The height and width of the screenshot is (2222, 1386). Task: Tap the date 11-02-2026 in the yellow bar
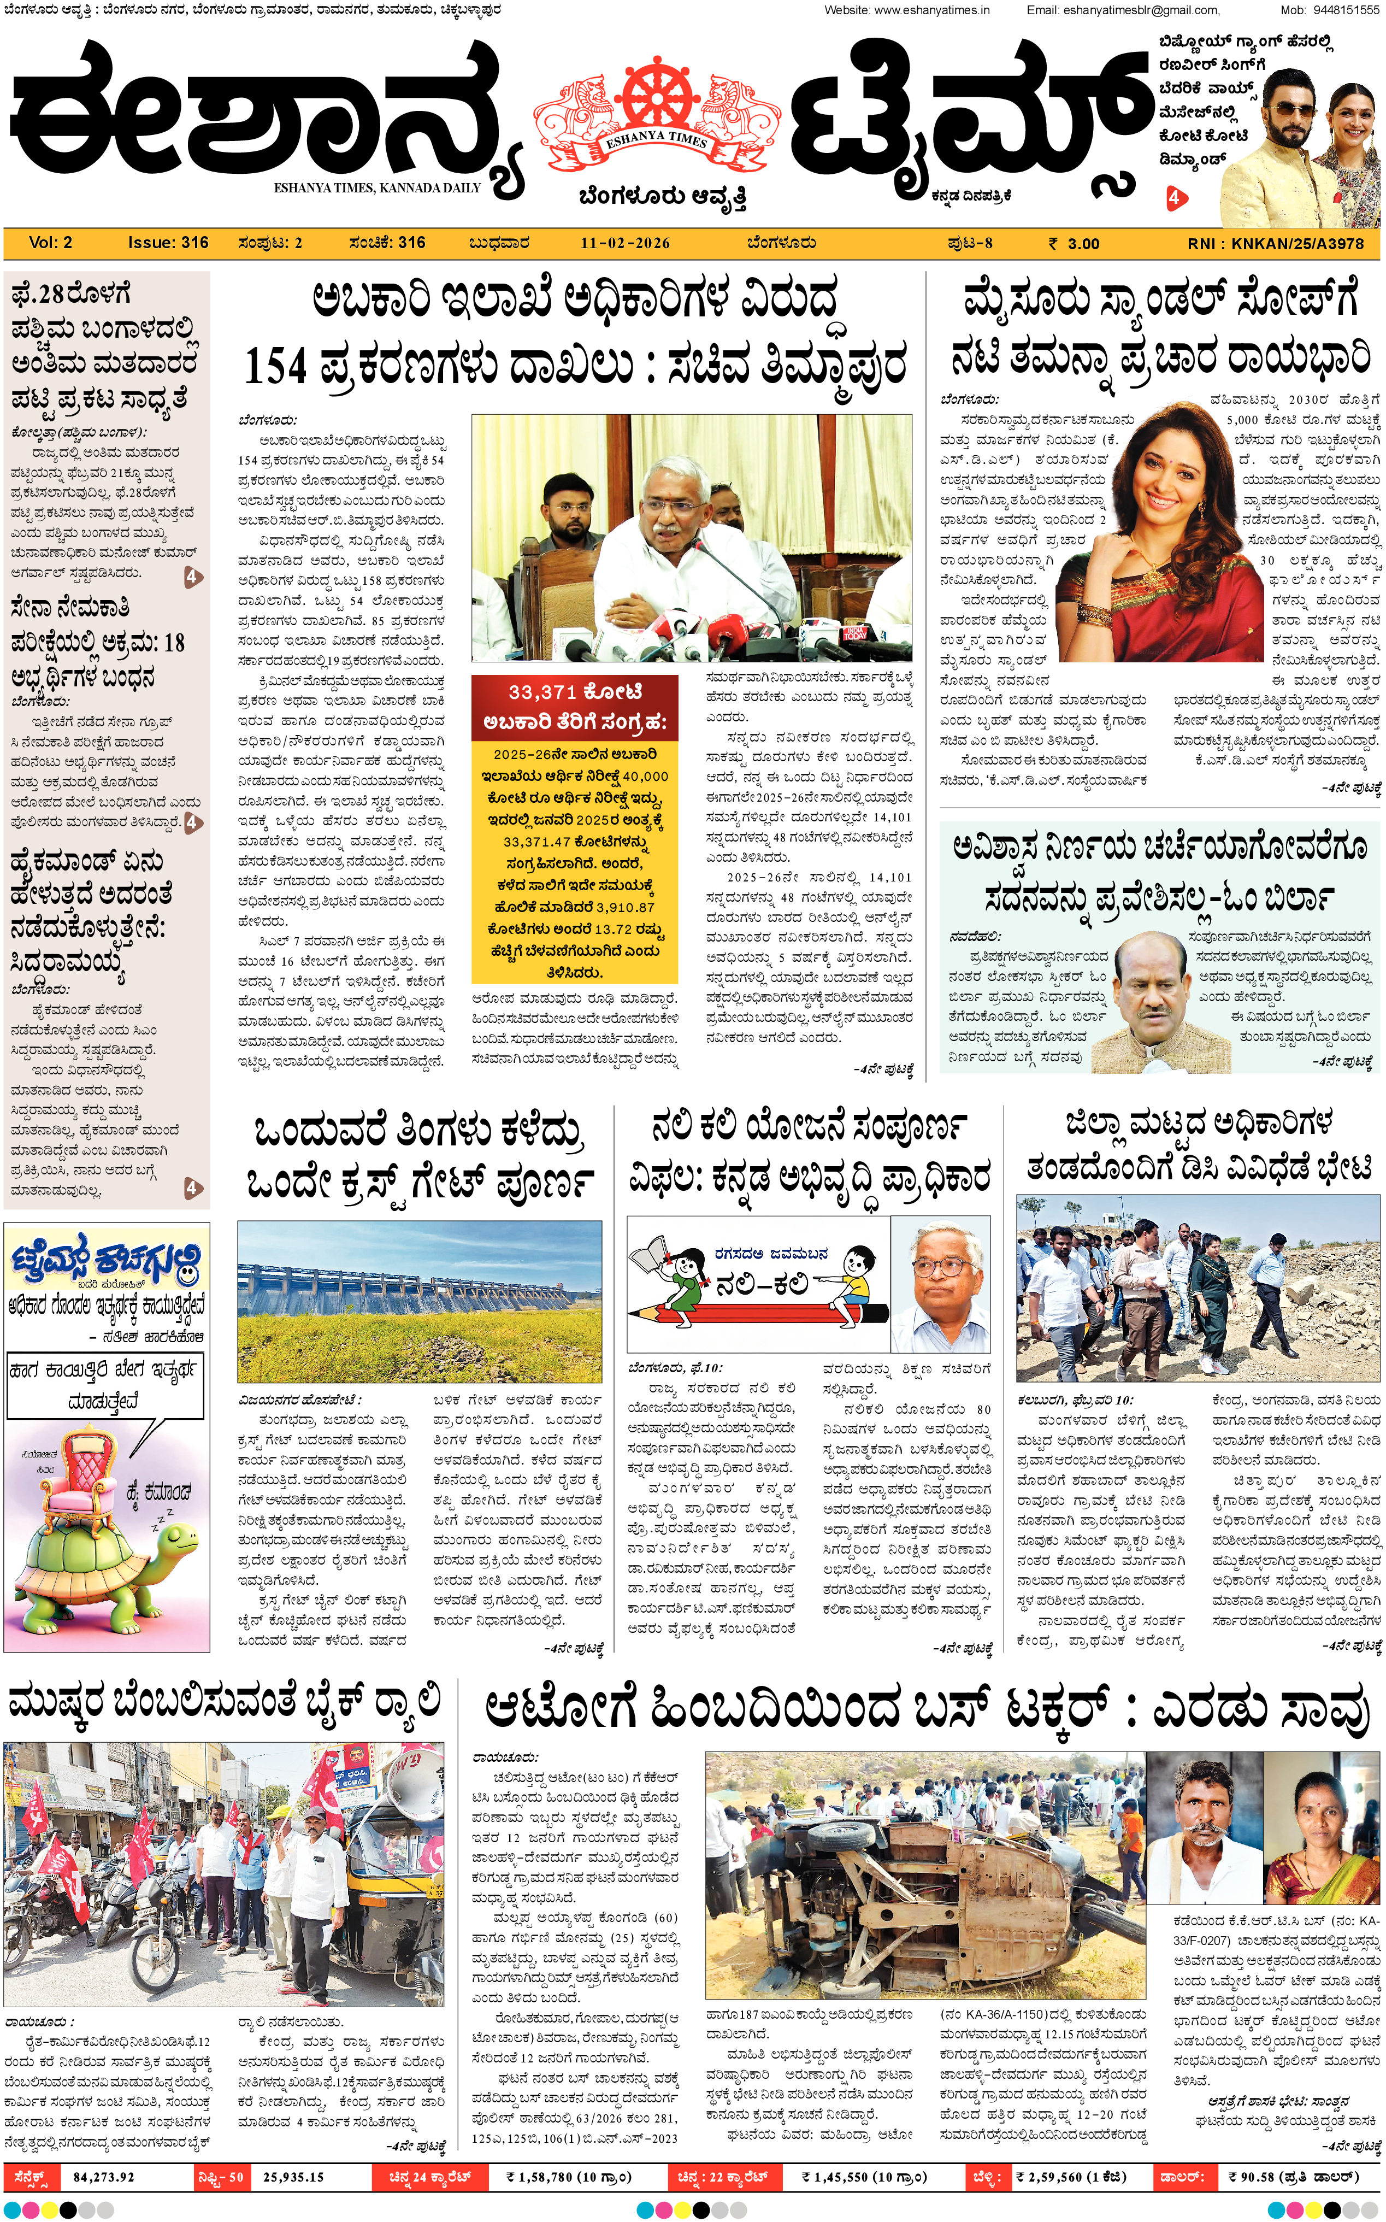point(624,243)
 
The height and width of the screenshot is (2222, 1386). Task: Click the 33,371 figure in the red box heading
point(542,692)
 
